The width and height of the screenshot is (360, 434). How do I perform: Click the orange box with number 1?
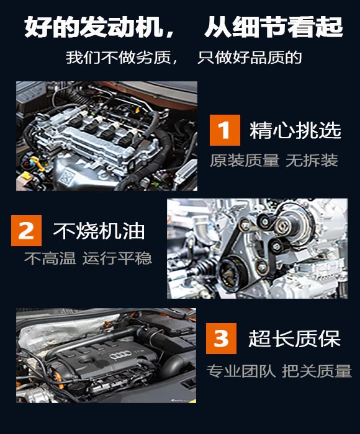coord(225,130)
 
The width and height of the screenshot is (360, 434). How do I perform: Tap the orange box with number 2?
coord(26,231)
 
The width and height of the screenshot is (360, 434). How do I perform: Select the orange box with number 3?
coord(221,339)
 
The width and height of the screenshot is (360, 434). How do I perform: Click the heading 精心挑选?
coord(295,130)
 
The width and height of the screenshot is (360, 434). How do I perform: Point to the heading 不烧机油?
coord(99,231)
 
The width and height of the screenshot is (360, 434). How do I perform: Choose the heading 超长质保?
coord(294,339)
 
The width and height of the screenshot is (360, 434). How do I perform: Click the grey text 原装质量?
coord(245,160)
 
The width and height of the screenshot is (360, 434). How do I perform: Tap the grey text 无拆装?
coord(312,160)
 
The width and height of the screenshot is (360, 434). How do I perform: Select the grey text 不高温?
coord(50,259)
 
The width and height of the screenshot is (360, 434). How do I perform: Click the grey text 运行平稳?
coord(117,259)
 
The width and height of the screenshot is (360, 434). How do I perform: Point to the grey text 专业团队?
coord(241,371)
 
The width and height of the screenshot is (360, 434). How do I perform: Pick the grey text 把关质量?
coord(317,371)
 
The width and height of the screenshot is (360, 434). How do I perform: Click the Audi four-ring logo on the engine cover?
coord(120,355)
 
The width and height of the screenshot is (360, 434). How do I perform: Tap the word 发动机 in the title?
coord(121,27)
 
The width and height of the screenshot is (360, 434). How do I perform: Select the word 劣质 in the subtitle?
coord(157,57)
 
